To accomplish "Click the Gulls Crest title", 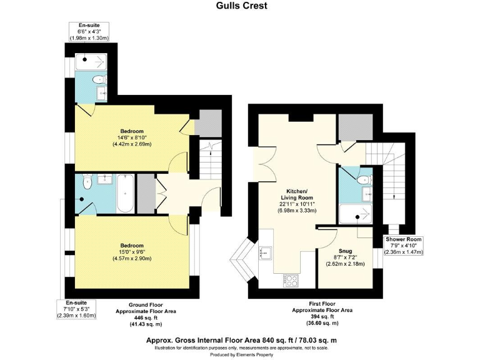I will [242, 6].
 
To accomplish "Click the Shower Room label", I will [403, 240].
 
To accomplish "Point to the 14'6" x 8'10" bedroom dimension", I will [132, 137].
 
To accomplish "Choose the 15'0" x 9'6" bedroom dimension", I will [132, 252].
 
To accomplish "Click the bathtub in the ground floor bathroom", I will [126, 194].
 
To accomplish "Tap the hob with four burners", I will [292, 281].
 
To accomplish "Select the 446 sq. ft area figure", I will [147, 317].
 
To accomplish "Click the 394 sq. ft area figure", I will [322, 316].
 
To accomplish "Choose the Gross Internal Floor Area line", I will [242, 340].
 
